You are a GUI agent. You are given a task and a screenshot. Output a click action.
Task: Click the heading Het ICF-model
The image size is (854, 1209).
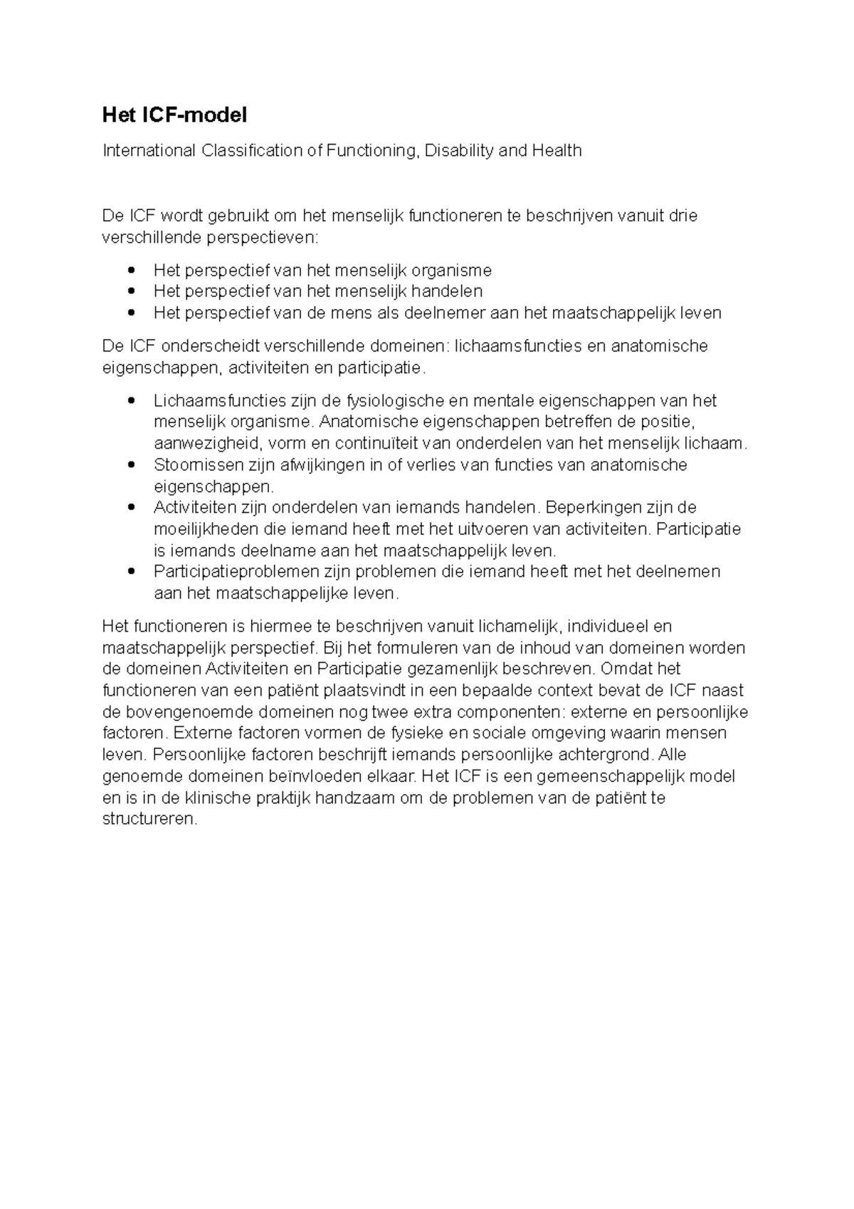(174, 115)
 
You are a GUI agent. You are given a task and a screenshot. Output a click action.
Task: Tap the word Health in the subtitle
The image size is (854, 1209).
(556, 151)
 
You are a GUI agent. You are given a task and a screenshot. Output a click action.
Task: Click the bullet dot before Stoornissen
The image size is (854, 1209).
(130, 466)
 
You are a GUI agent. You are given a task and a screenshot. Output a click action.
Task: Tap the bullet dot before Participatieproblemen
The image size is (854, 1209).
(130, 572)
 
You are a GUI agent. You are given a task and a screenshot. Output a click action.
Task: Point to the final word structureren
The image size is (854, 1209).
(149, 819)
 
